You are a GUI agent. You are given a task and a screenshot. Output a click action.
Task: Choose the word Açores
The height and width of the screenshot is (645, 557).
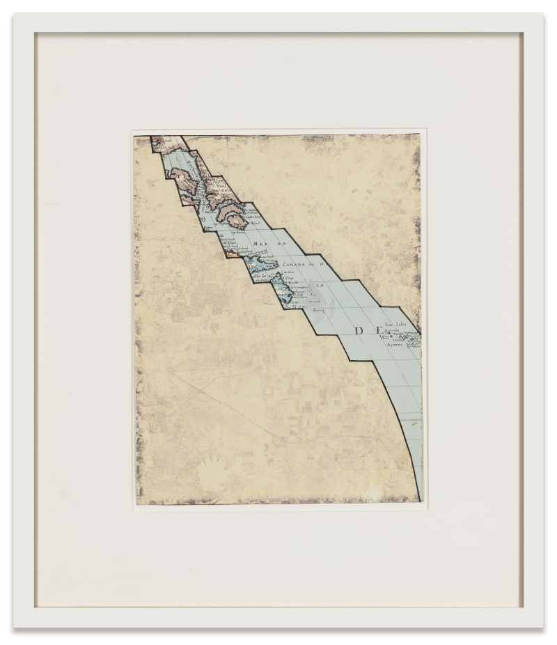point(395,343)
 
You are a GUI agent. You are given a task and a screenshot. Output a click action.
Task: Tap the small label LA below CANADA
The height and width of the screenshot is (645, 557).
point(321,286)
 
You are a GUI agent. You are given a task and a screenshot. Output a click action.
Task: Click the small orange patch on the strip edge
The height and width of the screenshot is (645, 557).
point(230,254)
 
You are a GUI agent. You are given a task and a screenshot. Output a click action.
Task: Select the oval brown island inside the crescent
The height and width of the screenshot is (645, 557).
point(235,221)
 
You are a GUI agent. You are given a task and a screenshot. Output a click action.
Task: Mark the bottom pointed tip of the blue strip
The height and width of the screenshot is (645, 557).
point(421,499)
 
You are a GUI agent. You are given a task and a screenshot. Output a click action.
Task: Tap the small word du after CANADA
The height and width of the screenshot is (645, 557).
point(313,265)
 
